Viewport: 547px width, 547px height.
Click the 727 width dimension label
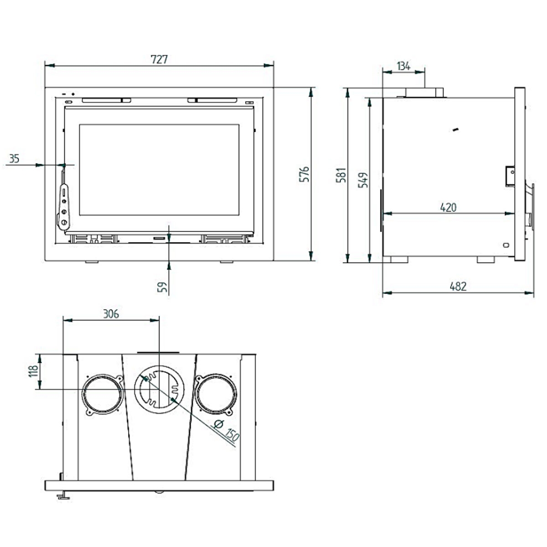(x=160, y=59)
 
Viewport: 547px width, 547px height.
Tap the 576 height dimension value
(x=304, y=174)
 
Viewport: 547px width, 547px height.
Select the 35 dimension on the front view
(x=14, y=159)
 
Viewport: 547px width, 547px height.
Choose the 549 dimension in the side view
(x=363, y=180)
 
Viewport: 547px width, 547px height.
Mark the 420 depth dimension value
(x=448, y=207)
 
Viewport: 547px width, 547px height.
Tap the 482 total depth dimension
(x=458, y=286)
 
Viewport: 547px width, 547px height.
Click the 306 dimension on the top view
(x=111, y=314)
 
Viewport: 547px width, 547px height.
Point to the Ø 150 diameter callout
(x=226, y=430)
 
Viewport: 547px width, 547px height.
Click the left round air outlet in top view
(x=103, y=394)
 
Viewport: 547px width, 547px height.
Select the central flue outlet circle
(x=159, y=390)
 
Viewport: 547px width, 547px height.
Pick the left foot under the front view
(x=93, y=263)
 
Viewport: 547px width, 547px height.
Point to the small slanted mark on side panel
(x=455, y=131)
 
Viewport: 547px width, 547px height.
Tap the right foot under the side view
(x=485, y=259)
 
